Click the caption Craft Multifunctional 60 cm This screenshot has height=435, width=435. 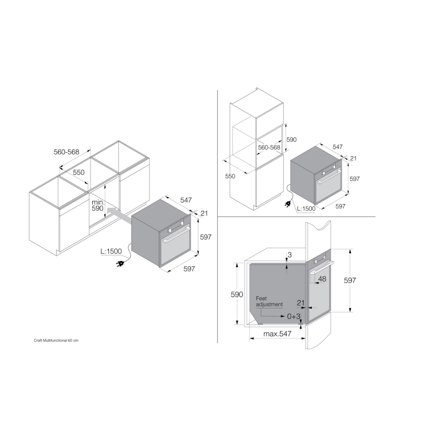tap(56, 341)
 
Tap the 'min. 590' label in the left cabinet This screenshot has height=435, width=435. tap(97, 205)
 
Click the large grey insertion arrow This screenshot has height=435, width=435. tap(119, 215)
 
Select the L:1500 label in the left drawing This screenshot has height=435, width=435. tap(111, 251)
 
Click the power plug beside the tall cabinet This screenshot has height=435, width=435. tap(288, 204)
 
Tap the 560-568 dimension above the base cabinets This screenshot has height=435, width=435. tap(66, 152)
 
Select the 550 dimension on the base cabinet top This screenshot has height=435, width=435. tap(78, 172)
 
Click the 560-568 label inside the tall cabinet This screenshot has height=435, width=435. tap(269, 147)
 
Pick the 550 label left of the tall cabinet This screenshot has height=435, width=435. tap(230, 176)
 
